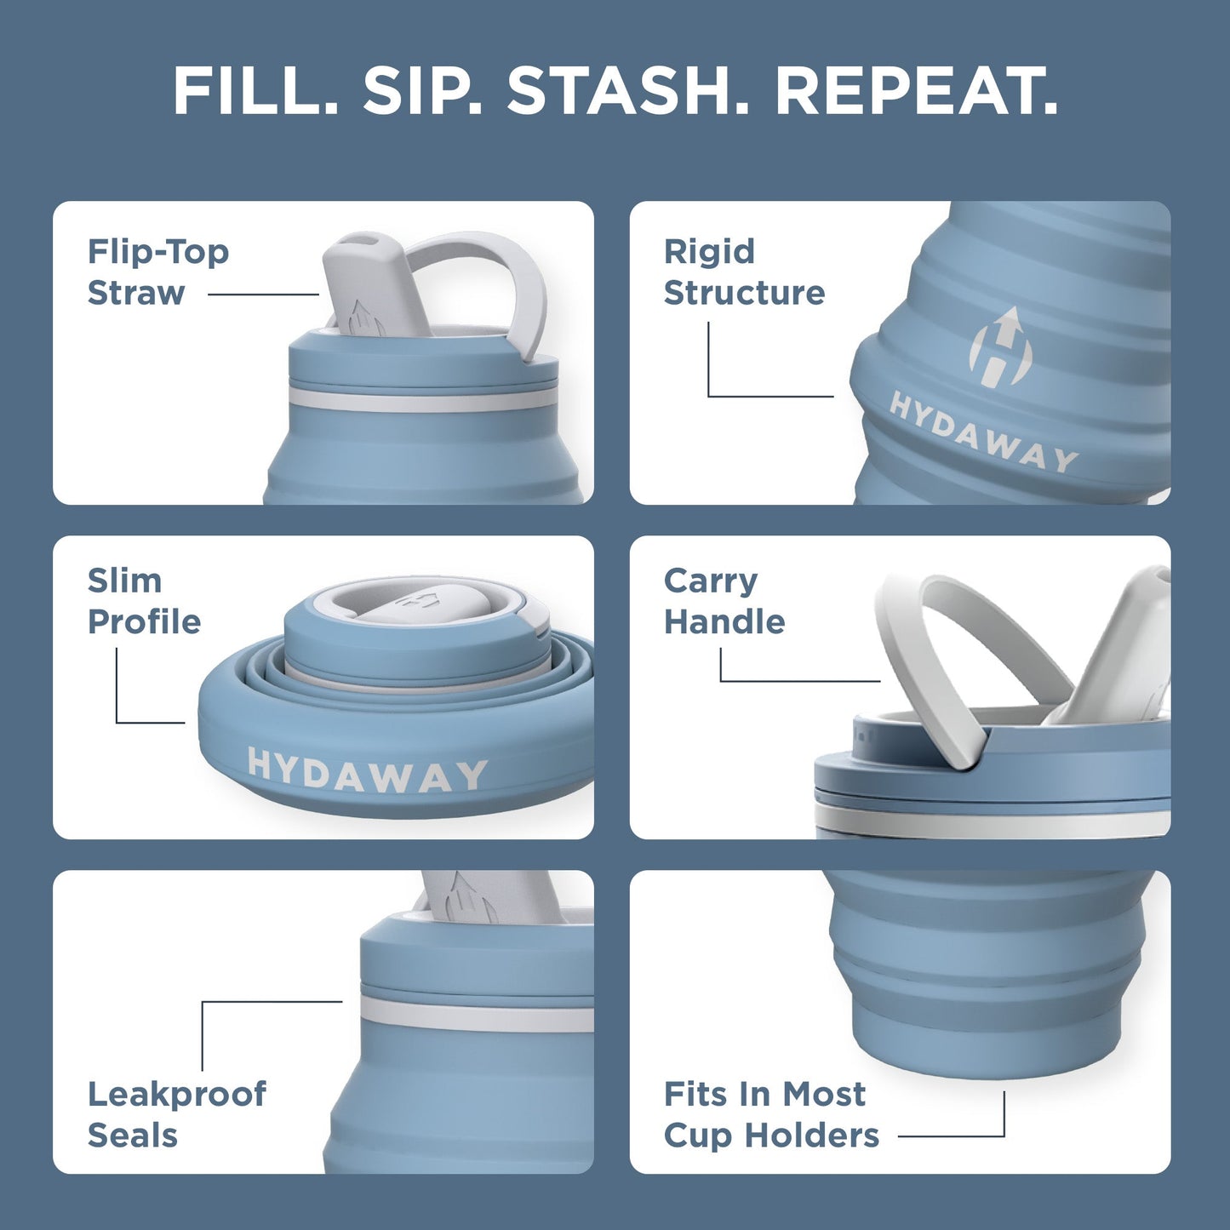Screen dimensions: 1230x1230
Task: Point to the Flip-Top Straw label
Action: tap(157, 272)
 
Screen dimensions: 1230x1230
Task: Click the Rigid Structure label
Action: tap(743, 272)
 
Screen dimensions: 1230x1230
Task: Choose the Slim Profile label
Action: tap(144, 601)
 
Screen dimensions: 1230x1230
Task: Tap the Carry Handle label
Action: tap(724, 601)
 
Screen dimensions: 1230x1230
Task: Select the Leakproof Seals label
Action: tap(176, 1114)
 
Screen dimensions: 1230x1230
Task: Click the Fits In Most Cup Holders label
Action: tap(770, 1114)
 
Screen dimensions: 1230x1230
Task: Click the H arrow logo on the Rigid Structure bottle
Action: tap(1001, 349)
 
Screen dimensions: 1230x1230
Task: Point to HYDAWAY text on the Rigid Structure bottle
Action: tap(983, 432)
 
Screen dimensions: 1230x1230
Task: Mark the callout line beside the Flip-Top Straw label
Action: tap(263, 295)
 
